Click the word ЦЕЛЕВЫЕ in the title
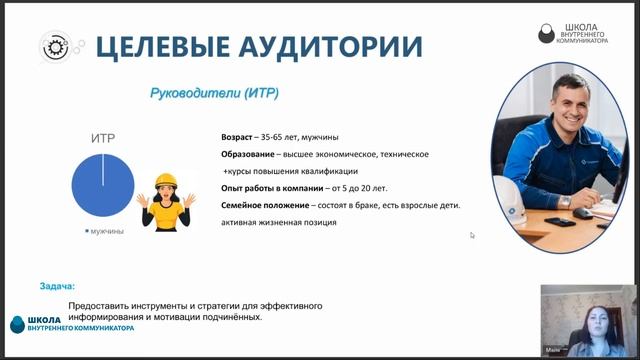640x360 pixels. tap(162, 46)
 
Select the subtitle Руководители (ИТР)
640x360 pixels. tap(213, 93)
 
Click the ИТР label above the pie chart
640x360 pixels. tap(103, 139)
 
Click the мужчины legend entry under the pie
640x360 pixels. tap(105, 231)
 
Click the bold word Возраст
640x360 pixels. tap(239, 136)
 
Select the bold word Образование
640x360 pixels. tap(250, 154)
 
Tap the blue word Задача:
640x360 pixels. tap(57, 285)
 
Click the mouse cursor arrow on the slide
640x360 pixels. tap(472, 235)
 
